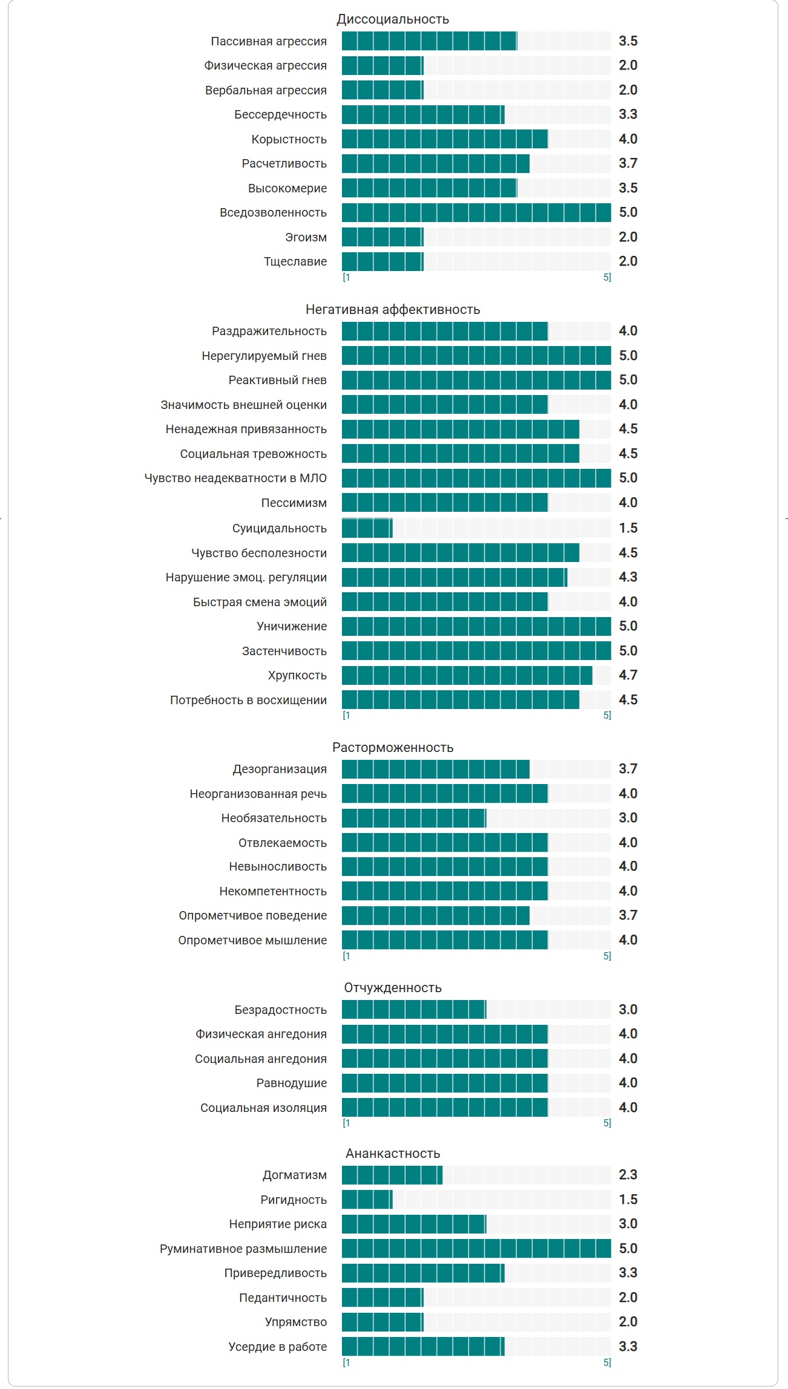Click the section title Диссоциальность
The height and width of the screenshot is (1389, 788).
click(x=393, y=19)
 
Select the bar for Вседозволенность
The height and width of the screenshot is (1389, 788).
click(x=476, y=212)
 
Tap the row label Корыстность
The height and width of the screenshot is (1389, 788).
click(x=289, y=139)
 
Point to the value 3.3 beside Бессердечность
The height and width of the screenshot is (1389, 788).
click(x=628, y=114)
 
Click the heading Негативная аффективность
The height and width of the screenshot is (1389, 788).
click(x=393, y=310)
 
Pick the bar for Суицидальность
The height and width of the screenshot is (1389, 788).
click(x=367, y=528)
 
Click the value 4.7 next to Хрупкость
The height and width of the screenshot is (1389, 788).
click(x=628, y=675)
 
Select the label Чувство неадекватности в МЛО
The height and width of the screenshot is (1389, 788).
click(x=235, y=478)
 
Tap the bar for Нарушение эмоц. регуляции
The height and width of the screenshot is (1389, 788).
click(x=455, y=577)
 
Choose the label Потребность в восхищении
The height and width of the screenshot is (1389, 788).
click(x=248, y=700)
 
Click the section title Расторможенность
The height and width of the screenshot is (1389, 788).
click(x=393, y=748)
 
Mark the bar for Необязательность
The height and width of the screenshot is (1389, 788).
click(x=414, y=818)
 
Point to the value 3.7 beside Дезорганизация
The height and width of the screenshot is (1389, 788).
click(x=628, y=769)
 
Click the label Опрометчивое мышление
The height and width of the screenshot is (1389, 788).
click(x=252, y=940)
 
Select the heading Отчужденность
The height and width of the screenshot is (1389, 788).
click(x=393, y=988)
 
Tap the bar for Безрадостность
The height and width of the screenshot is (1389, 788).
click(x=414, y=1010)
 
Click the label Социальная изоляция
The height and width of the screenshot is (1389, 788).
click(x=263, y=1108)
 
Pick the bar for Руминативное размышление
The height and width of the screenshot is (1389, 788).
click(x=476, y=1249)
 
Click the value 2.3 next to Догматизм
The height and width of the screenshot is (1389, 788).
click(x=628, y=1175)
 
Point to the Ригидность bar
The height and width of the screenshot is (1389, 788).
click(x=367, y=1200)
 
